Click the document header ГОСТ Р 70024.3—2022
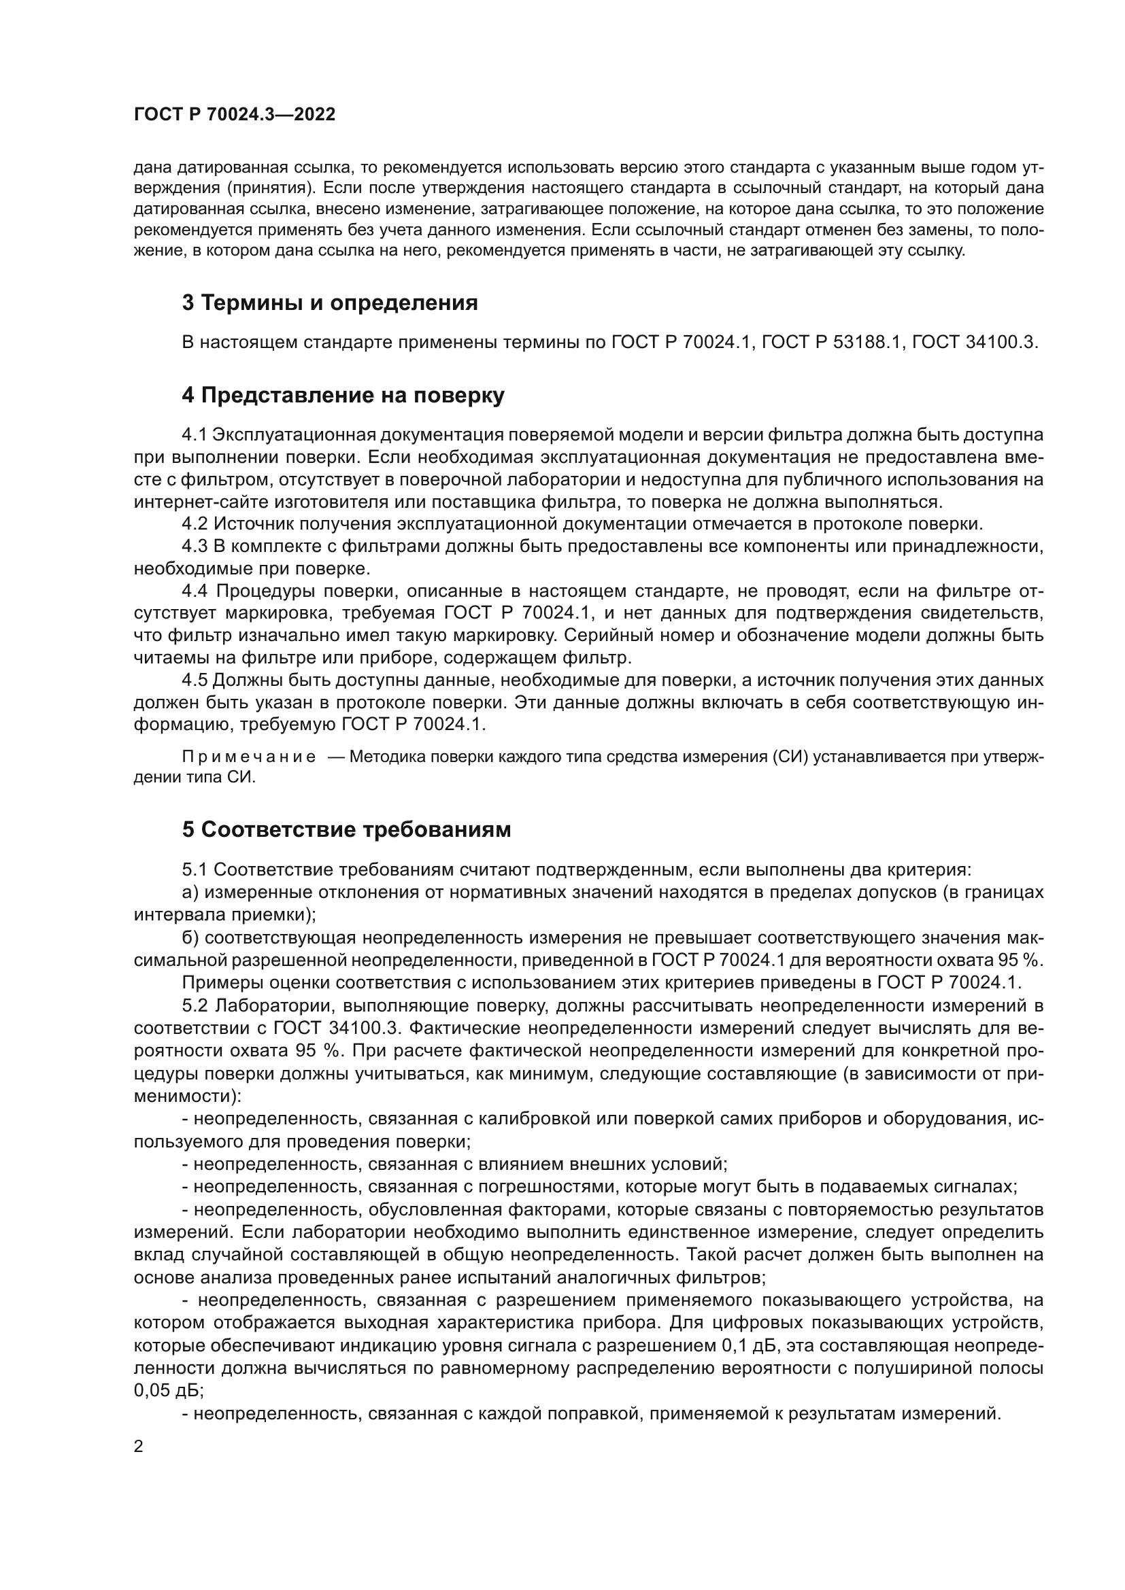tap(234, 114)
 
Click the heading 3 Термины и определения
tap(330, 303)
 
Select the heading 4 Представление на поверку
tap(343, 396)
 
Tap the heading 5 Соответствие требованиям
tap(346, 829)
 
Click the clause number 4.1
tap(194, 435)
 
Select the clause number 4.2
tap(194, 524)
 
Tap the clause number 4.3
tap(194, 547)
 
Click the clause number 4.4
tap(194, 591)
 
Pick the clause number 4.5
tap(194, 680)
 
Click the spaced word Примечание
tap(249, 756)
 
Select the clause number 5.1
tap(194, 869)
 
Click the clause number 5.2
tap(194, 1005)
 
